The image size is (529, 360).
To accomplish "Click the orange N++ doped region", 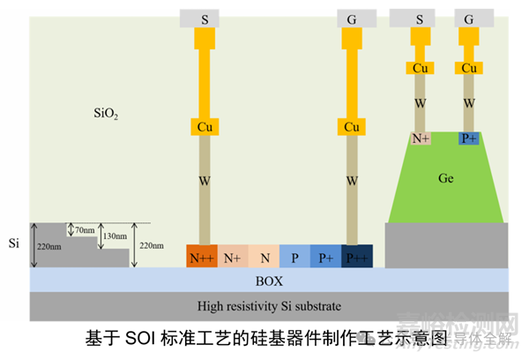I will pyautogui.click(x=202, y=257).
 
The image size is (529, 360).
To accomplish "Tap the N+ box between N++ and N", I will pyautogui.click(x=233, y=257).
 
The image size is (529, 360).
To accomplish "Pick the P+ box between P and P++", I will pyautogui.click(x=325, y=257).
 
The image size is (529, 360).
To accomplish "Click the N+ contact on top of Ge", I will pyautogui.click(x=420, y=139).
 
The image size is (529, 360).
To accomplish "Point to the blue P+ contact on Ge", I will pyautogui.click(x=469, y=139).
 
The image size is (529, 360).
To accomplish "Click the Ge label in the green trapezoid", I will pyautogui.click(x=446, y=178).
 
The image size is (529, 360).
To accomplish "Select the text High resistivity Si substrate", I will pyautogui.click(x=269, y=306).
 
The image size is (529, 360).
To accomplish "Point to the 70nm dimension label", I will pyautogui.click(x=86, y=230).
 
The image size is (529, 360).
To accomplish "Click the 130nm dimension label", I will pyautogui.click(x=114, y=237).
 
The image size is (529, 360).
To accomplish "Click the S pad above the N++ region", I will pyautogui.click(x=204, y=17).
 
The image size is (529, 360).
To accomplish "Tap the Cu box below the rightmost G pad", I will pyautogui.click(x=470, y=68).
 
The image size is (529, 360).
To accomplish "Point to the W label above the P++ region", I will pyautogui.click(x=353, y=182).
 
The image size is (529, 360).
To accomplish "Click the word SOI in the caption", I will pyautogui.click(x=141, y=337).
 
